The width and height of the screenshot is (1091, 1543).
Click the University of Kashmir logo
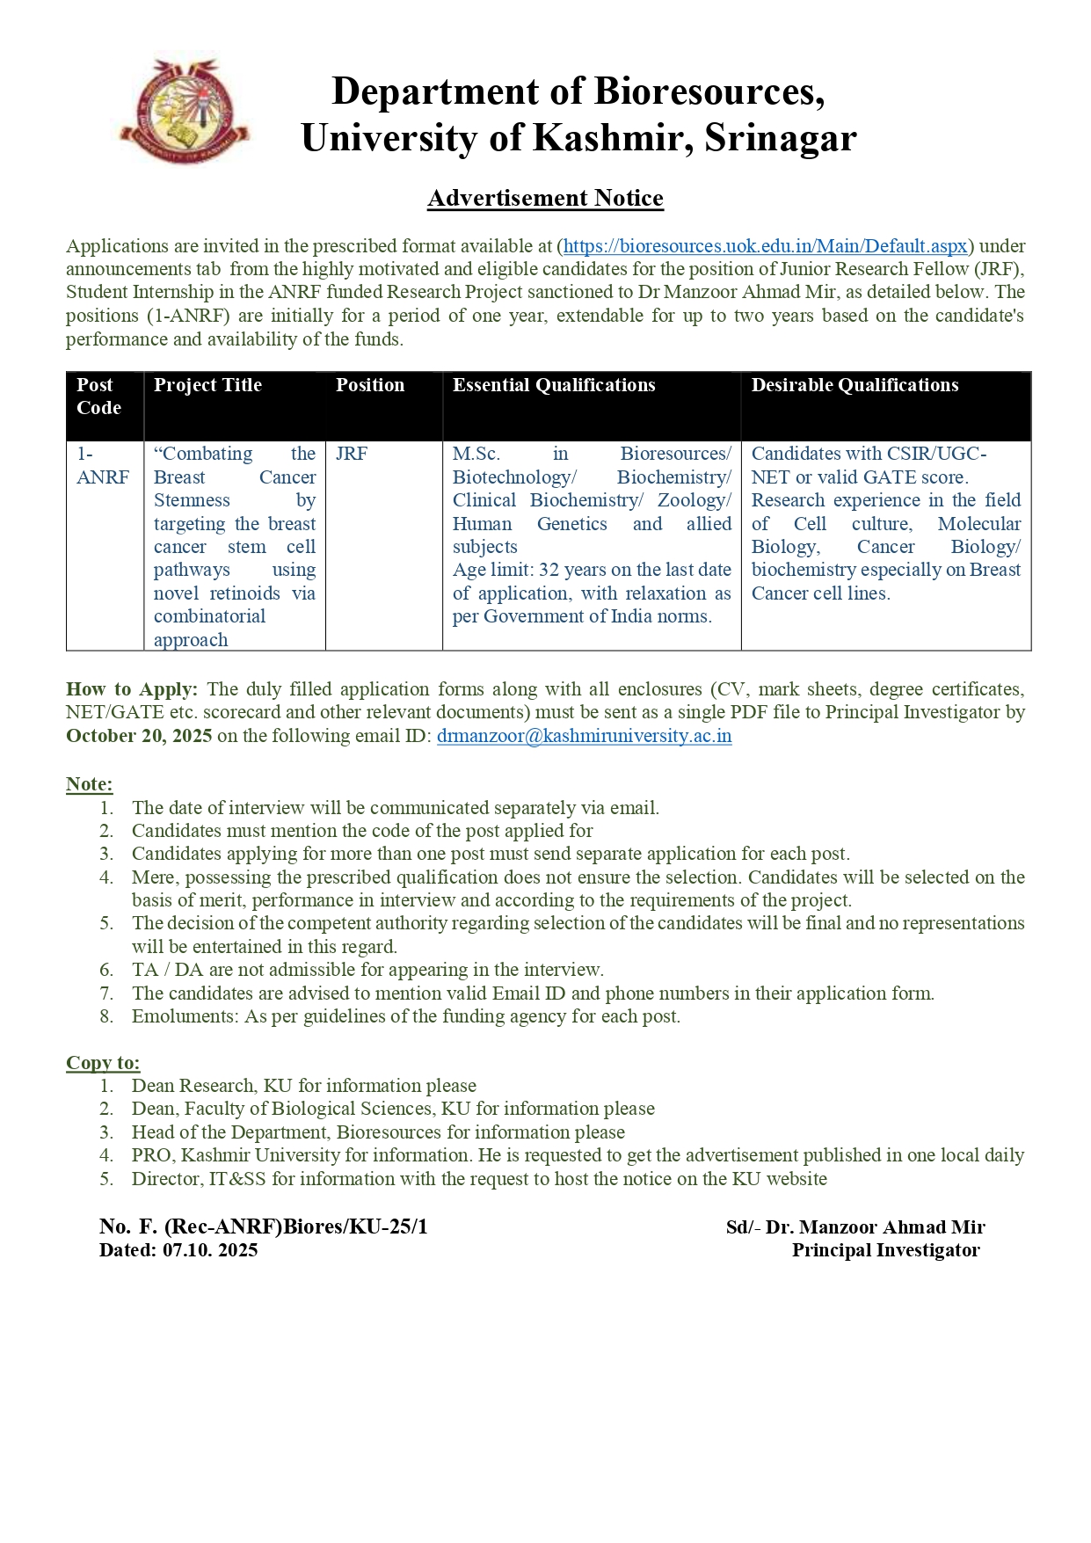pyautogui.click(x=185, y=111)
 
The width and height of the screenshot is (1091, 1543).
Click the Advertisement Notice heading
pyautogui.click(x=545, y=198)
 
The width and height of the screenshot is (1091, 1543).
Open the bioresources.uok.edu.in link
pyautogui.click(x=765, y=246)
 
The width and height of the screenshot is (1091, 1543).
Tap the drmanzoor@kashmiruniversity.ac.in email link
pyautogui.click(x=584, y=736)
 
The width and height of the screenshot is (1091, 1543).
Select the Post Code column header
pyautogui.click(x=98, y=397)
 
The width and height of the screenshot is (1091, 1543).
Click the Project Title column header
pyautogui.click(x=207, y=385)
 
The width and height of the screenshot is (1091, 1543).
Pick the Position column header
pyautogui.click(x=370, y=385)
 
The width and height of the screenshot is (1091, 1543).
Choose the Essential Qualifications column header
pyautogui.click(x=554, y=385)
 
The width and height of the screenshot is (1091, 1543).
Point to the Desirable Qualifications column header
pyautogui.click(x=855, y=385)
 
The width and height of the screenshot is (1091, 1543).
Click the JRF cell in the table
pyautogui.click(x=352, y=454)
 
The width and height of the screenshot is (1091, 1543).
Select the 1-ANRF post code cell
pyautogui.click(x=102, y=465)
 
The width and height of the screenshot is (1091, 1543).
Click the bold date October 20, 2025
pyautogui.click(x=139, y=736)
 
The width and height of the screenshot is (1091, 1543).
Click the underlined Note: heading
pyautogui.click(x=90, y=784)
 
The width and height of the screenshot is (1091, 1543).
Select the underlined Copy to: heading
pyautogui.click(x=103, y=1063)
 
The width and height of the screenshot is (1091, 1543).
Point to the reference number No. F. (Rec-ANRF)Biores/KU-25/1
pyautogui.click(x=264, y=1226)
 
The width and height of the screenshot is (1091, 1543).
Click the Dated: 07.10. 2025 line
pyautogui.click(x=178, y=1250)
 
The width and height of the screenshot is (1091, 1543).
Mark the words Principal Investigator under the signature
pyautogui.click(x=885, y=1250)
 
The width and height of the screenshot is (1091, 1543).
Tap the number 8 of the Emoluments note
pyautogui.click(x=106, y=1017)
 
